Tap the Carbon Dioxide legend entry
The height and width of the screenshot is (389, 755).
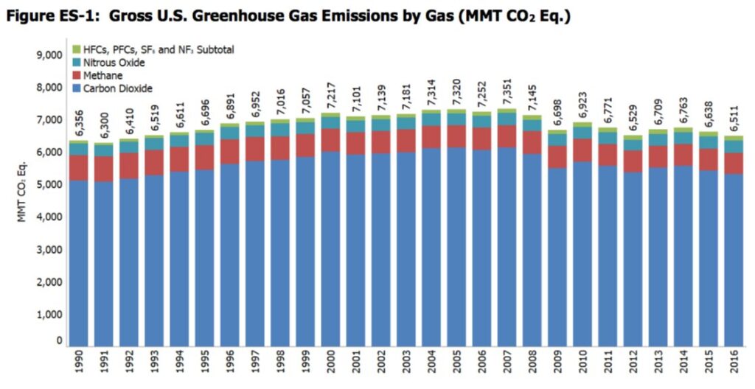coord(118,88)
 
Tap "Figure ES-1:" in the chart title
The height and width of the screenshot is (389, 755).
coord(45,15)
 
